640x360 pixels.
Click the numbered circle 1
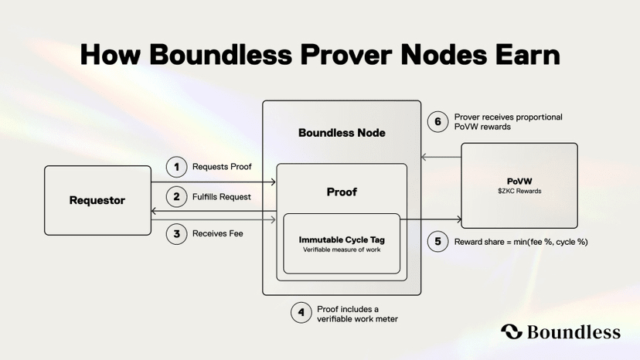[176, 166]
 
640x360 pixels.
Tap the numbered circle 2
[176, 196]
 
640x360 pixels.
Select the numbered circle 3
[176, 233]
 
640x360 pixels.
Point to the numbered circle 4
[301, 313]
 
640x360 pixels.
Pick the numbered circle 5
[438, 242]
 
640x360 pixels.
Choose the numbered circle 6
[438, 121]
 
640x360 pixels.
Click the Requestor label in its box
[97, 201]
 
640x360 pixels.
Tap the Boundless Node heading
[342, 133]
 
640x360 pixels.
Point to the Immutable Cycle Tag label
[342, 239]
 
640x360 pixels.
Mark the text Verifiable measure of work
[342, 250]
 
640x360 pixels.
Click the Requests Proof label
[222, 166]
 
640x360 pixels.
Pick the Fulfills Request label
[222, 197]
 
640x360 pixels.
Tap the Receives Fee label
[218, 233]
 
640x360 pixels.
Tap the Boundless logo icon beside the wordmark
[512, 332]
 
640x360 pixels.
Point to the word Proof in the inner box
[342, 192]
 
